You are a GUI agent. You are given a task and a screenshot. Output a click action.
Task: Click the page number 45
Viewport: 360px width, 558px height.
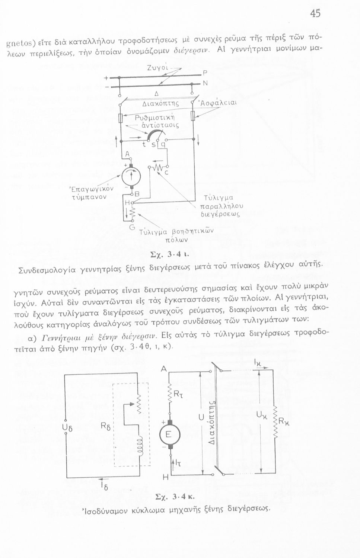pyautogui.click(x=315, y=14)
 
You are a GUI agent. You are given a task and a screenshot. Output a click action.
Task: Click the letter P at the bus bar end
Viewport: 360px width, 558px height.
pyautogui.click(x=204, y=73)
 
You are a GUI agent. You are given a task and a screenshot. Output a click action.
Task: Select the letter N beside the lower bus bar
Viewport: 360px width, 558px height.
pyautogui.click(x=204, y=84)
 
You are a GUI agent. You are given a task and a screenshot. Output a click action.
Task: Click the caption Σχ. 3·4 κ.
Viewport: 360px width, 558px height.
pyautogui.click(x=175, y=497)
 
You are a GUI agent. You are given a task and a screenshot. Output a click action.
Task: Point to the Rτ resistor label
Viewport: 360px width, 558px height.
pyautogui.click(x=178, y=391)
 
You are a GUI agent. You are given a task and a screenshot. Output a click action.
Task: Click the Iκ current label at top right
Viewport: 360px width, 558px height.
pyautogui.click(x=257, y=362)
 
